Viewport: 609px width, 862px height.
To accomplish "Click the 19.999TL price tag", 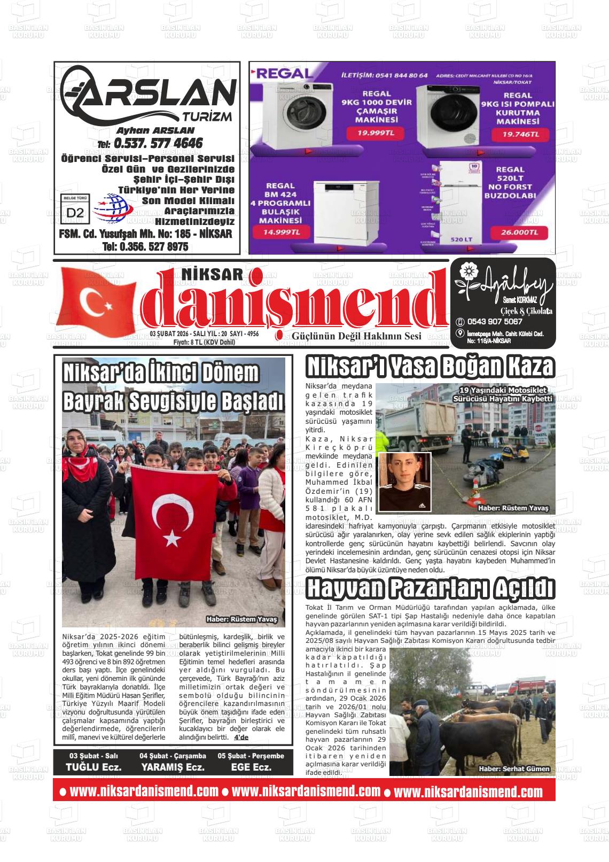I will pyautogui.click(x=376, y=133).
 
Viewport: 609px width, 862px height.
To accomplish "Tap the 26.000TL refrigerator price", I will pyautogui.click(x=516, y=232).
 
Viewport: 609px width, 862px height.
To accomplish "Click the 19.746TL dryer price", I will pyautogui.click(x=521, y=135).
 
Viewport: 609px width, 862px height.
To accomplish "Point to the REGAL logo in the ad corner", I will pyautogui.click(x=276, y=75).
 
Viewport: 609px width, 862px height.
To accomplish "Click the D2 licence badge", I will pyautogui.click(x=75, y=212).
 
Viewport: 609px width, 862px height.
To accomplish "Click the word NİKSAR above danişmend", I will pyautogui.click(x=213, y=274).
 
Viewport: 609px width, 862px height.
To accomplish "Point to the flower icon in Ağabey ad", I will pyautogui.click(x=467, y=271).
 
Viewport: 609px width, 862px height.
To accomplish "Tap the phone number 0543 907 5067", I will pyautogui.click(x=494, y=322).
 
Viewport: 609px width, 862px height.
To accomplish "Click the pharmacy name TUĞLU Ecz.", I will pyautogui.click(x=93, y=767).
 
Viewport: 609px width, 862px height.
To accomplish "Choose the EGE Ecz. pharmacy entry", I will pyautogui.click(x=251, y=767).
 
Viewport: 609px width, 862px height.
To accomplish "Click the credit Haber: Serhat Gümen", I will pyautogui.click(x=513, y=768).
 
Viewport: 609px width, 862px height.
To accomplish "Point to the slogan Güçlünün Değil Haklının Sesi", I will pyautogui.click(x=356, y=336).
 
